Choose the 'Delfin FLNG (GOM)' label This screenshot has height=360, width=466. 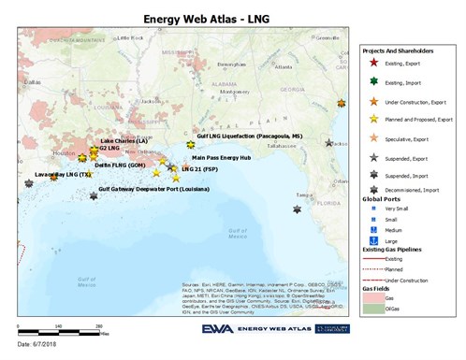[119, 165]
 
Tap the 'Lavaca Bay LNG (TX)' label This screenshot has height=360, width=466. [62, 174]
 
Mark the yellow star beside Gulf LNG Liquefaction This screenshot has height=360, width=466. [190, 145]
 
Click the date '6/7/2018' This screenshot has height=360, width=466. [38, 347]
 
